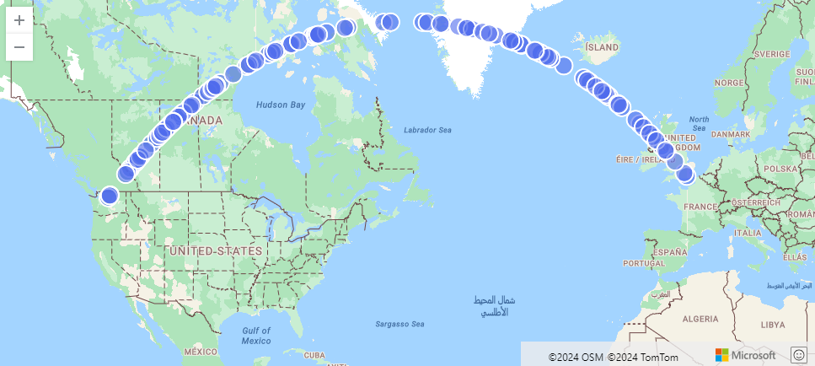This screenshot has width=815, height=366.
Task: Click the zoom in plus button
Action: pos(19,19)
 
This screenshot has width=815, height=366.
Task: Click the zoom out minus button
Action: pos(19,47)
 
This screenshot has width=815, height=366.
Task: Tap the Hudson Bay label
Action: pos(280,105)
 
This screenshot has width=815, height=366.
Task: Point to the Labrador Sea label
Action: pos(427,130)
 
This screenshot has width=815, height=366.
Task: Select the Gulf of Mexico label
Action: pos(255,335)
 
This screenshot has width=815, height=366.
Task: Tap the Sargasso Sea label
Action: pos(399,324)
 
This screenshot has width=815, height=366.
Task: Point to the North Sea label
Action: pos(699,123)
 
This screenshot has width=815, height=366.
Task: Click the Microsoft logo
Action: pos(745,355)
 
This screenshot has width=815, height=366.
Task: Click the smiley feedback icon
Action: pos(799,355)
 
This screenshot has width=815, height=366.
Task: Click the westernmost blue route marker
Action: pos(109,196)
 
